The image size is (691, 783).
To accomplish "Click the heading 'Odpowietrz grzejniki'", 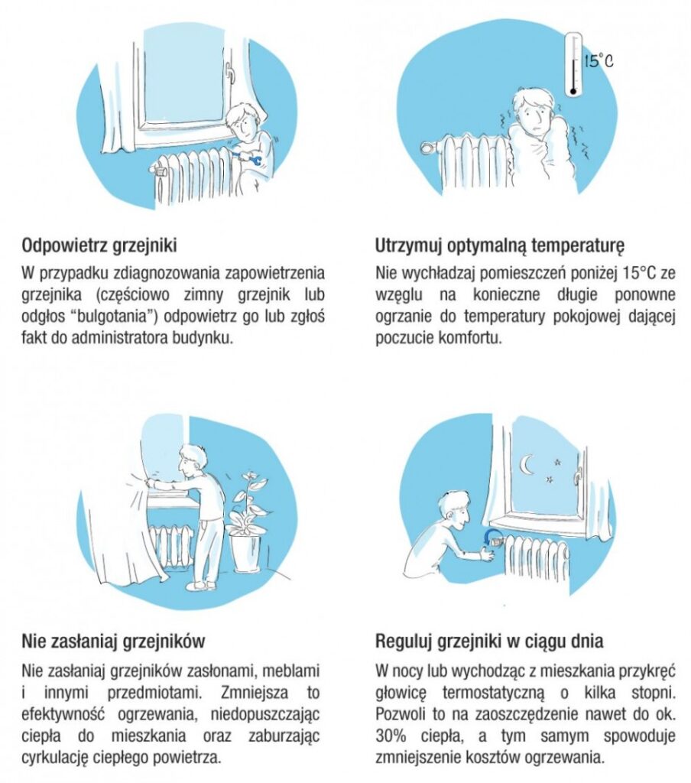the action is point(99,245).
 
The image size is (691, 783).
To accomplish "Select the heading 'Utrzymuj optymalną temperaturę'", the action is point(499,245).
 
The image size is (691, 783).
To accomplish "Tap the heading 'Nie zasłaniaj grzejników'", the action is point(113,642).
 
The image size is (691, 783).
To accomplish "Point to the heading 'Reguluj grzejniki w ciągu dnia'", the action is point(488,641).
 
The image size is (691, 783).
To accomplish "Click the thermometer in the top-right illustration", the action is point(573,65).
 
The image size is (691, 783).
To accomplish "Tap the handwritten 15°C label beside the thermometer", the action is point(599,61).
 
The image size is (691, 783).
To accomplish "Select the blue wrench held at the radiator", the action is point(251,160).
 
